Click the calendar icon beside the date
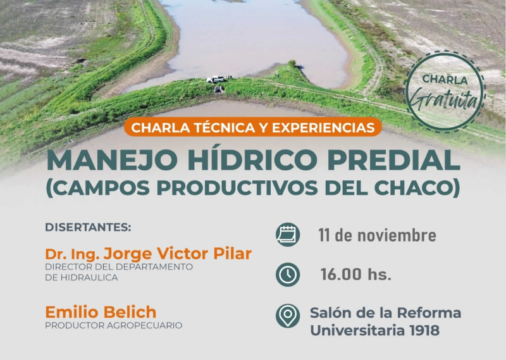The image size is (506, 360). click(x=288, y=235)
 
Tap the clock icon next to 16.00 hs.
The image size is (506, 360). click(x=288, y=274)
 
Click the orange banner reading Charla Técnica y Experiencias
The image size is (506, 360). click(x=253, y=127)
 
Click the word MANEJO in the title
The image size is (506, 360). click(x=98, y=161)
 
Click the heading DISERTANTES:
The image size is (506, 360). click(x=88, y=227)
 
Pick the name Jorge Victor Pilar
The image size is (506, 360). click(x=178, y=254)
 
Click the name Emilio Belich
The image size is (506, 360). click(x=101, y=312)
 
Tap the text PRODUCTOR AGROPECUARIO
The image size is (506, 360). click(x=113, y=325)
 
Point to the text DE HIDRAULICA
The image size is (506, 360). click(x=81, y=278)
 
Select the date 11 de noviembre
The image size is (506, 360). click(x=377, y=235)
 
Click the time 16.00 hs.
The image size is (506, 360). click(x=355, y=275)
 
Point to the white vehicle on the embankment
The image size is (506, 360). click(x=216, y=79)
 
